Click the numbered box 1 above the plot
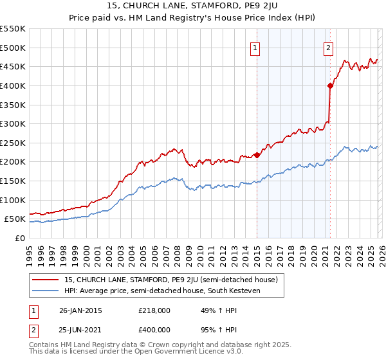[255, 48]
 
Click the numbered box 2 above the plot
[328, 48]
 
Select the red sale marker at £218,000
[257, 155]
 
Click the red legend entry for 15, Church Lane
[170, 280]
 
